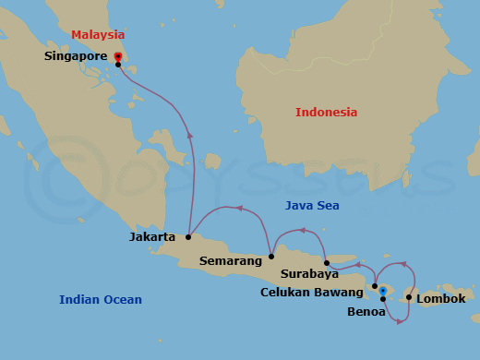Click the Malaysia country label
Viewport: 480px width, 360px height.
pyautogui.click(x=98, y=35)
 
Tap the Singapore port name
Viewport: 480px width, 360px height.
pyautogui.click(x=77, y=56)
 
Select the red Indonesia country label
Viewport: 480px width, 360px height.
pyautogui.click(x=326, y=113)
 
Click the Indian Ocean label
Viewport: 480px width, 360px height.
pyautogui.click(x=101, y=299)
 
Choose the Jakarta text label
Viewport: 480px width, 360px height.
pyautogui.click(x=152, y=237)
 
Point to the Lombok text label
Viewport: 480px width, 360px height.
pyautogui.click(x=441, y=299)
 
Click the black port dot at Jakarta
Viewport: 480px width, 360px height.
pyautogui.click(x=187, y=236)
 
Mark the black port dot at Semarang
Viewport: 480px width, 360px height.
pyautogui.click(x=271, y=257)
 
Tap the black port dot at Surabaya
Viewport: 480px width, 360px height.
pyautogui.click(x=327, y=263)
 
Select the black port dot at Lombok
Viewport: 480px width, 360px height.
pyautogui.click(x=408, y=297)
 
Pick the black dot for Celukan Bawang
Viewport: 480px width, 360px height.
pyautogui.click(x=374, y=286)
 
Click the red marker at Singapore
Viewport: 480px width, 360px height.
pyautogui.click(x=118, y=57)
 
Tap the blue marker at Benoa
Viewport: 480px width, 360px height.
pyautogui.click(x=382, y=292)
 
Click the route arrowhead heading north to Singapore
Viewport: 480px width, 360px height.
pyautogui.click(x=190, y=135)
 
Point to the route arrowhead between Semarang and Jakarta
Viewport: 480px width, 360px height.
pyautogui.click(x=239, y=208)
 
